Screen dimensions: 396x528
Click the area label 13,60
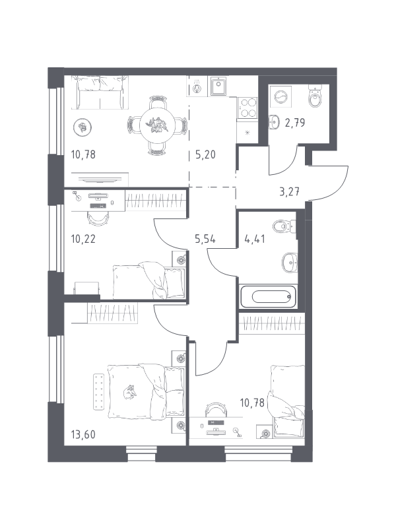83,434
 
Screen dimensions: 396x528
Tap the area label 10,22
83,239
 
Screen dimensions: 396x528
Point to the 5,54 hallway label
205,239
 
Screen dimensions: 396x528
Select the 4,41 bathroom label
254,239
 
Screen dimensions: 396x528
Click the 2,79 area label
295,123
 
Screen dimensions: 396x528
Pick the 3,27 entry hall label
290,192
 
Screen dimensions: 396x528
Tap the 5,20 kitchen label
205,155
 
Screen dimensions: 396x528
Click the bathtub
269,296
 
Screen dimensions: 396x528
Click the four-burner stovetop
247,108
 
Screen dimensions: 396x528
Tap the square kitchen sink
218,86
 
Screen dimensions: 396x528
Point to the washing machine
280,97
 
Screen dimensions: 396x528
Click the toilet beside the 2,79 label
315,96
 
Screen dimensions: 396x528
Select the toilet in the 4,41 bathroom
284,226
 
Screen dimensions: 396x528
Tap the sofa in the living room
100,92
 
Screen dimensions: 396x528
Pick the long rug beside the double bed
98,391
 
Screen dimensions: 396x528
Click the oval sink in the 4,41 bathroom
290,262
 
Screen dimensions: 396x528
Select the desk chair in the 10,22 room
98,218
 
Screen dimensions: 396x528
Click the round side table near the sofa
82,127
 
